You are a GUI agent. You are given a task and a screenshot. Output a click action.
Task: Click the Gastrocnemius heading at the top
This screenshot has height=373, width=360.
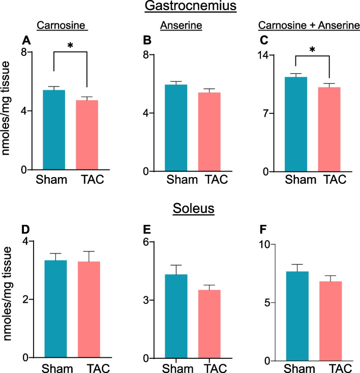point(179,7)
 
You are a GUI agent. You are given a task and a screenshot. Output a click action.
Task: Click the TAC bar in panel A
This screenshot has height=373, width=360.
point(87,135)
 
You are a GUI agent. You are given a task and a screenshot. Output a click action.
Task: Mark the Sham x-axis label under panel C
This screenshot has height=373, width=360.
point(298,179)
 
